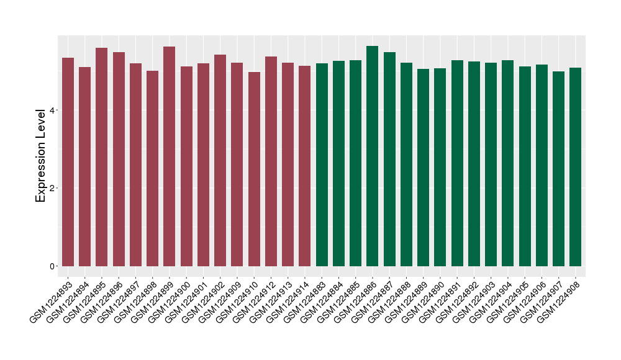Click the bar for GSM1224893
68,161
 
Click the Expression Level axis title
41,155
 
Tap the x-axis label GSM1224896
101,300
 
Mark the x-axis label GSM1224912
253,300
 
